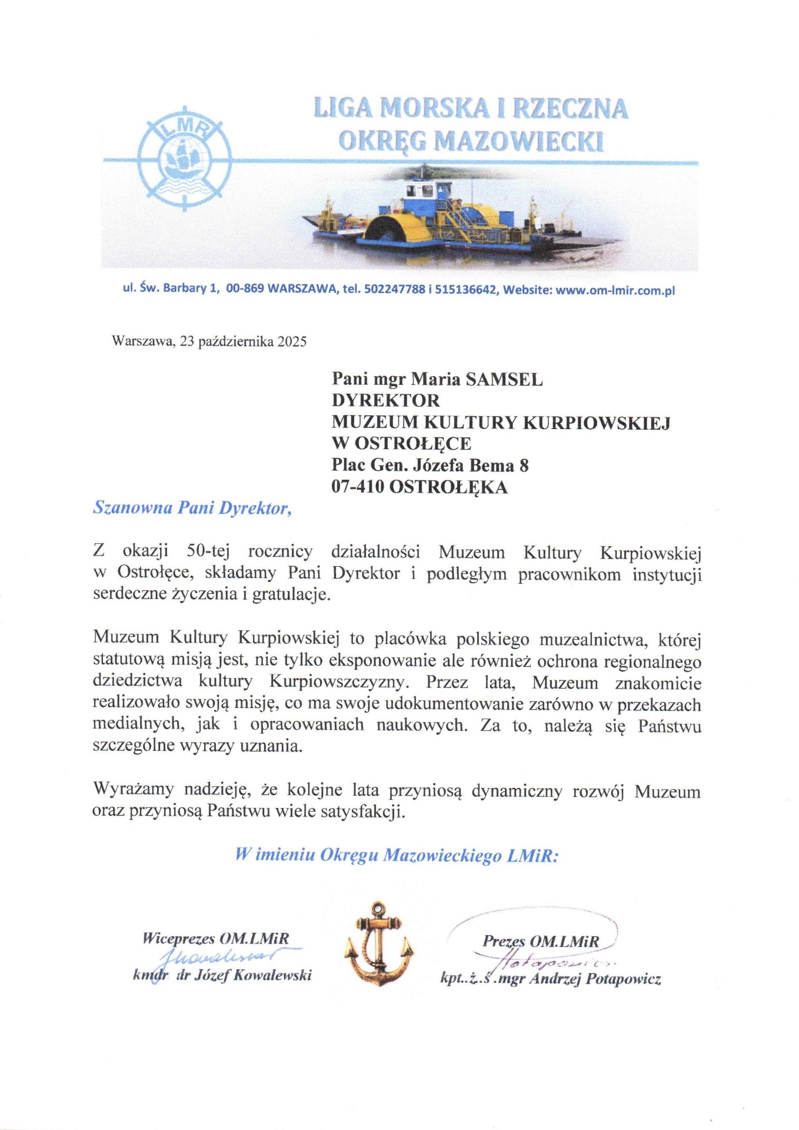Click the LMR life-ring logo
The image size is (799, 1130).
tap(184, 158)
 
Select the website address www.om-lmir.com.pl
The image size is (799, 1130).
tap(615, 290)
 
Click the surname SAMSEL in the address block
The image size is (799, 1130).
tap(504, 380)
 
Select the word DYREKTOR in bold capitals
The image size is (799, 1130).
tap(385, 401)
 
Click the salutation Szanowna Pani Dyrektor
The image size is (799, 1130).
tap(192, 508)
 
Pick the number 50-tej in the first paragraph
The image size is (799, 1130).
tap(208, 551)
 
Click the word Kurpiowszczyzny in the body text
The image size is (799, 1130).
tap(338, 682)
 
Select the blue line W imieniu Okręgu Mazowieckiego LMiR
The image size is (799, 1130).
tap(397, 855)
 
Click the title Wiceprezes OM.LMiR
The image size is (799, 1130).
tap(215, 938)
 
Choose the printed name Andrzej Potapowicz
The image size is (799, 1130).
tap(594, 979)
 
